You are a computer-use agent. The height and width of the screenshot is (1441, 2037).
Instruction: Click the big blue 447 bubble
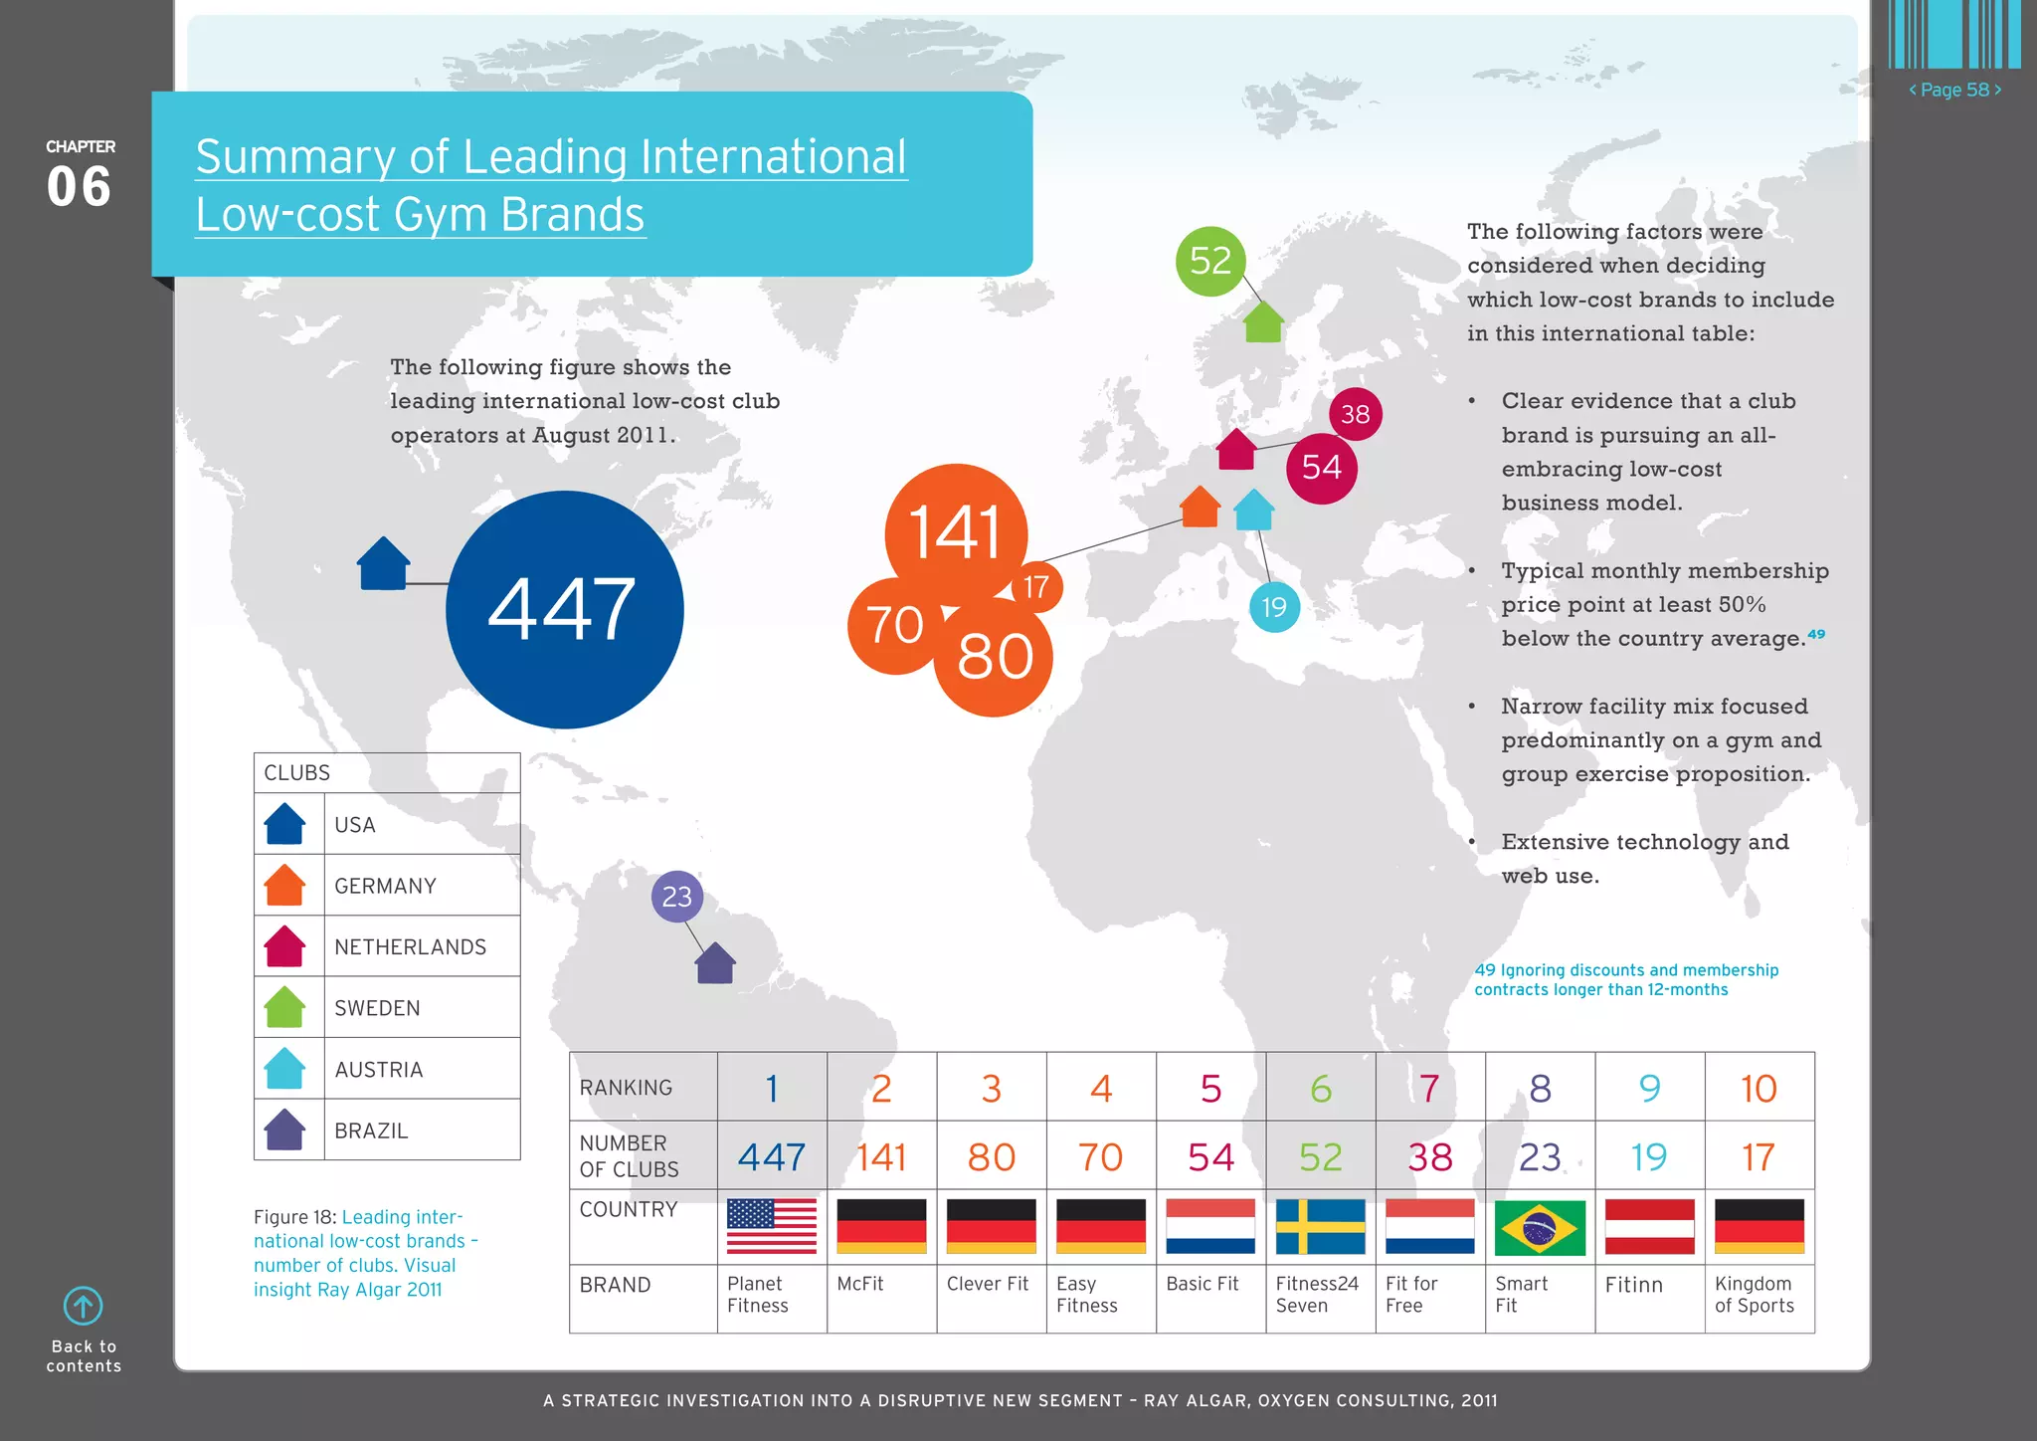[x=564, y=609]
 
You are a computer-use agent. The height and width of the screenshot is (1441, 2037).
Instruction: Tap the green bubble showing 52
[x=1210, y=261]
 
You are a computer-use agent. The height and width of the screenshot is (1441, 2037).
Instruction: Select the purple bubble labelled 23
[x=677, y=897]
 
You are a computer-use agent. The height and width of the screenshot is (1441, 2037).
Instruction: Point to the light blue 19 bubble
[x=1274, y=607]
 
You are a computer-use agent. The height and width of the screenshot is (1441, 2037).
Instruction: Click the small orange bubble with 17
[x=1036, y=587]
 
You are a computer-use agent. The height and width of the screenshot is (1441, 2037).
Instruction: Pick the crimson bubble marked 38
[x=1355, y=414]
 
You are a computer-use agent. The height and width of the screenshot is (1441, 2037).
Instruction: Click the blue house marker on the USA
[x=383, y=564]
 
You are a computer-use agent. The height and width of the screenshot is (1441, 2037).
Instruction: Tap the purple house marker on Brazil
[x=715, y=963]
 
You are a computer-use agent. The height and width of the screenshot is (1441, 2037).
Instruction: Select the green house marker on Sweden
[x=1263, y=322]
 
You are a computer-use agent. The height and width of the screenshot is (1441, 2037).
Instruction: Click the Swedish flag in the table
[x=1320, y=1226]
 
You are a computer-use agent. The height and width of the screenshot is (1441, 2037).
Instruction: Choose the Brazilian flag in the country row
[x=1540, y=1226]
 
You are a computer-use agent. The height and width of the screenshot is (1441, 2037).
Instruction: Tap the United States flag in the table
[x=772, y=1226]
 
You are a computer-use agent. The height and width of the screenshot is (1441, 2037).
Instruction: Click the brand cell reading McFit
[x=860, y=1284]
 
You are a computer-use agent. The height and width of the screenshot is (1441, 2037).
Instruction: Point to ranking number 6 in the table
[x=1320, y=1088]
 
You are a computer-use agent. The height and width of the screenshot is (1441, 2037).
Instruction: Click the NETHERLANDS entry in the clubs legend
[x=410, y=946]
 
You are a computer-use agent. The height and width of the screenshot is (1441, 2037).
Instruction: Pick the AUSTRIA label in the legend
[x=379, y=1069]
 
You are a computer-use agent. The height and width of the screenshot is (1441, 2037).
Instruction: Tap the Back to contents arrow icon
[x=84, y=1306]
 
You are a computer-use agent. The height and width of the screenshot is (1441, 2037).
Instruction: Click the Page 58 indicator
[x=1954, y=90]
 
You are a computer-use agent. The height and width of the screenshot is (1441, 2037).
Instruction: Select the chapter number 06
[x=80, y=187]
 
